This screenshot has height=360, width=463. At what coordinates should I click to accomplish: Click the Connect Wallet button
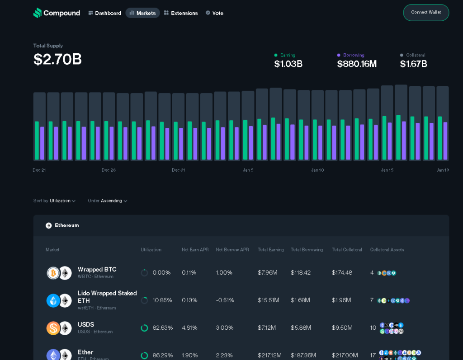coord(426,13)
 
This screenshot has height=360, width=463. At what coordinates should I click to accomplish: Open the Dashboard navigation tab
coord(104,13)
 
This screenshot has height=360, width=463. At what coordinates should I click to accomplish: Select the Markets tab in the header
coord(142,13)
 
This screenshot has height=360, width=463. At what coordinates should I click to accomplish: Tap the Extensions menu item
coord(181,13)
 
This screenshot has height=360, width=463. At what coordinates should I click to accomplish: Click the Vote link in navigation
coord(214,13)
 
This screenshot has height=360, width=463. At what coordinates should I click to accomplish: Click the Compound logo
coord(57,13)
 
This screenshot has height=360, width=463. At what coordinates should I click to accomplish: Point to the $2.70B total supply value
coord(57,59)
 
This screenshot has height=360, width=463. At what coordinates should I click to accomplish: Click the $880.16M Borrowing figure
coord(357,64)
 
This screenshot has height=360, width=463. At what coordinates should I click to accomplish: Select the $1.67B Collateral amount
coord(413,64)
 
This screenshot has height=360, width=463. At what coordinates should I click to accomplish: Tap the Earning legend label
coord(288,55)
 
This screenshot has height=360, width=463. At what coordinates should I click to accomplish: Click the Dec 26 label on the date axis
coord(109,170)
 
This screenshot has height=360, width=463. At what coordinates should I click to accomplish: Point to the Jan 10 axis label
coord(317,170)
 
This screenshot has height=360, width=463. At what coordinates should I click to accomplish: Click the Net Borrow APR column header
coord(232,250)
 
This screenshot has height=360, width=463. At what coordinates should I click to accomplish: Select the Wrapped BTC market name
coord(97,270)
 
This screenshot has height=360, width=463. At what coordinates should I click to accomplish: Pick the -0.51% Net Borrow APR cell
coord(225,300)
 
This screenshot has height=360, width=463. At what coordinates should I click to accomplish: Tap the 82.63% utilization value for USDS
coord(162,328)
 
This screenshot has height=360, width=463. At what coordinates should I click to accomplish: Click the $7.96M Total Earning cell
coord(268,273)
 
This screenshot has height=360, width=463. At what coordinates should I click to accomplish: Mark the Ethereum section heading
coord(66,225)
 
